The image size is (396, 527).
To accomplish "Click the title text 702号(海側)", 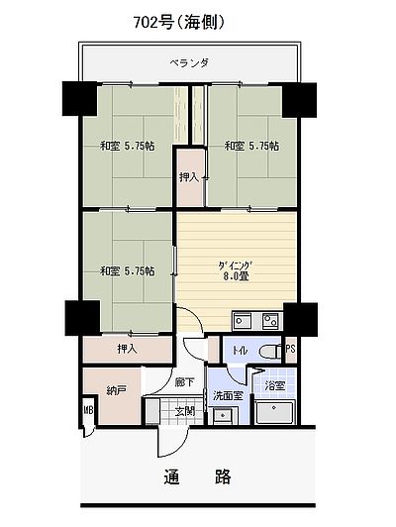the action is point(179,23).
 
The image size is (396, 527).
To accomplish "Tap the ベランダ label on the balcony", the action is point(189,62).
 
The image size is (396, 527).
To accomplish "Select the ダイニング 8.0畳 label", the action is point(235,270).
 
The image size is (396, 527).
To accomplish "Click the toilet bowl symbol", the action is point(270,352).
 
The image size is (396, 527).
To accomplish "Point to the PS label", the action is point(291,349).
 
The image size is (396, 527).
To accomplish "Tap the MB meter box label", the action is point(89,410).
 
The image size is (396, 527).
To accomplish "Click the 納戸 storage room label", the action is point(116,390).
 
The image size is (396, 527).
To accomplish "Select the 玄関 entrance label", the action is point(185,411).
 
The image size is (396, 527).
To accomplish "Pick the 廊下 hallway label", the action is point(184,382).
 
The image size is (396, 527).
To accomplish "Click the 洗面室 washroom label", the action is point(228,395).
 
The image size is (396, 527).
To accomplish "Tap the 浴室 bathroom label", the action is point(275,386).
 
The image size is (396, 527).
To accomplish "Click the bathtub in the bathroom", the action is point(274,412).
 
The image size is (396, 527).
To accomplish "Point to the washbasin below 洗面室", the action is point(223,415).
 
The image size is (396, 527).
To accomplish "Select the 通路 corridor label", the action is point(197,475).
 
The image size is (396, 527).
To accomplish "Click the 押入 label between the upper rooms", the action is point(189,177).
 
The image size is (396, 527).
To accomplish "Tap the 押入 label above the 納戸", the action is point(128,349).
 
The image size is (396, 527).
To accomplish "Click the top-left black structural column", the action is point(79,99).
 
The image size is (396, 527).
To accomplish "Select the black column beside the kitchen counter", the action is point(300,319).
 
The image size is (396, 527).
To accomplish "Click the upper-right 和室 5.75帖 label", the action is point(251,147).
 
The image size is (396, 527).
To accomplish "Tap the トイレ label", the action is point(240,351).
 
